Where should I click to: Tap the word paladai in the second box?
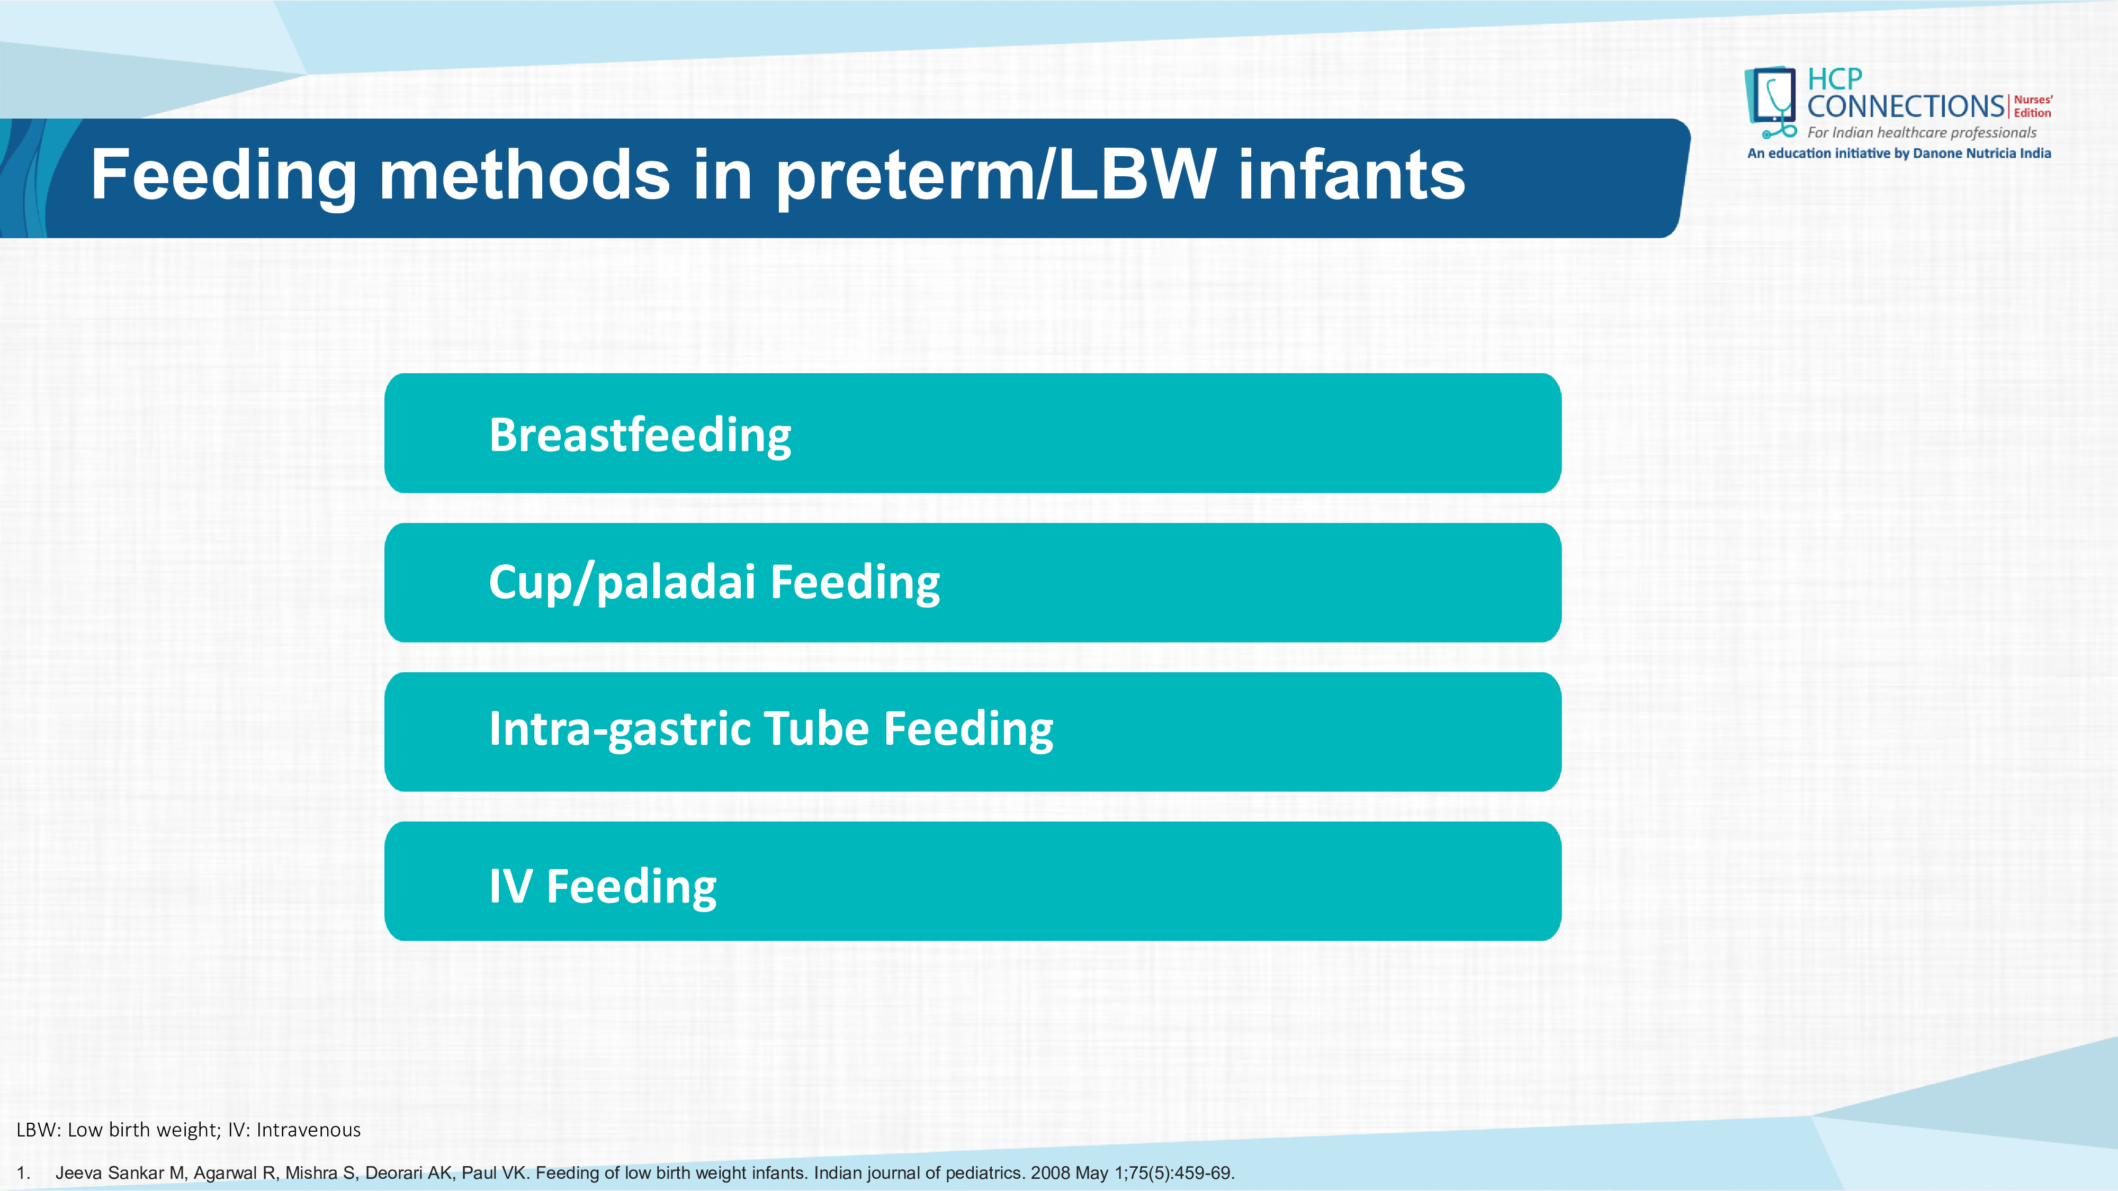[676, 583]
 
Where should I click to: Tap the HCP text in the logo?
[1834, 80]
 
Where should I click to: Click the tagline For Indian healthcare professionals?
[1922, 132]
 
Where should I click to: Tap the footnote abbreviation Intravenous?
[308, 1130]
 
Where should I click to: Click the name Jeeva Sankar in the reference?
[110, 1173]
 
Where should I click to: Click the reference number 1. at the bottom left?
[23, 1173]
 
